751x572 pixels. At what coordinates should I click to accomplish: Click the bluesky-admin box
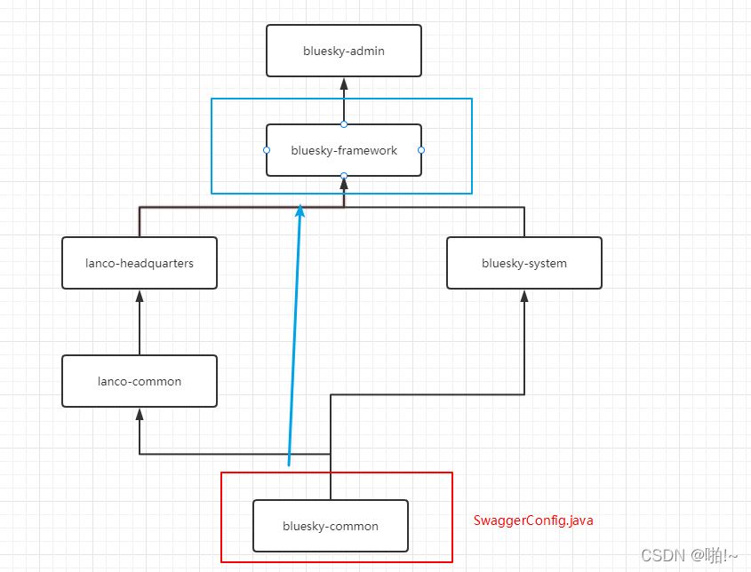tap(344, 51)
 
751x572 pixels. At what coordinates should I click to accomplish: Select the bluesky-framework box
tap(344, 151)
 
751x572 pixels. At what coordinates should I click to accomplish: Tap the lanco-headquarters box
tap(140, 263)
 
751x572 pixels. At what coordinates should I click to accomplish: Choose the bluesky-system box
tap(524, 263)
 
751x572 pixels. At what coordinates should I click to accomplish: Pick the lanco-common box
tap(140, 381)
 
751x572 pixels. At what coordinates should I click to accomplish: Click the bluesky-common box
tap(331, 526)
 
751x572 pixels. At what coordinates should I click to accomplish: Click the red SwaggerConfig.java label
tap(533, 520)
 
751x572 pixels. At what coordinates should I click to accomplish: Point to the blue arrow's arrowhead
tap(300, 211)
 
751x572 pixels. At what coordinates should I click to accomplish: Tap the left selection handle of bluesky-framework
tap(267, 150)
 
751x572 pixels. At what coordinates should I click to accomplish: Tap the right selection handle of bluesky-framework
tap(421, 150)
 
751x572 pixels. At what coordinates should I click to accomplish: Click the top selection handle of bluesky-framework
tap(344, 124)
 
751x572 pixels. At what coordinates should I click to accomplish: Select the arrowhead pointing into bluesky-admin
tap(344, 83)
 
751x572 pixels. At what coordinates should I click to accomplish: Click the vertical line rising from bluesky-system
tap(524, 222)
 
